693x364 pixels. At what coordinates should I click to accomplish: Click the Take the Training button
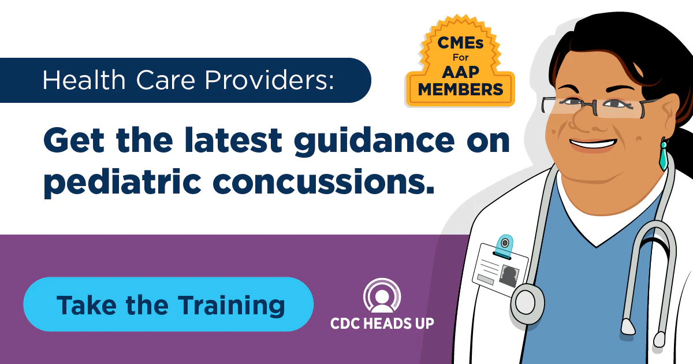pyautogui.click(x=168, y=304)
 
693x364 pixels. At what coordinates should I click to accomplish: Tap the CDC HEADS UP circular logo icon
pyautogui.click(x=382, y=296)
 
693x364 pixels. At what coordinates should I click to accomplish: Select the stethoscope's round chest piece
pyautogui.click(x=526, y=301)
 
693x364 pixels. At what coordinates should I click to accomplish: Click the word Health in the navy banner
pyautogui.click(x=77, y=80)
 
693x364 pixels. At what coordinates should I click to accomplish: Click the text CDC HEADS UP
pyautogui.click(x=382, y=323)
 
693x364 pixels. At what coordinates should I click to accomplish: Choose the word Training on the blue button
pyautogui.click(x=230, y=304)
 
